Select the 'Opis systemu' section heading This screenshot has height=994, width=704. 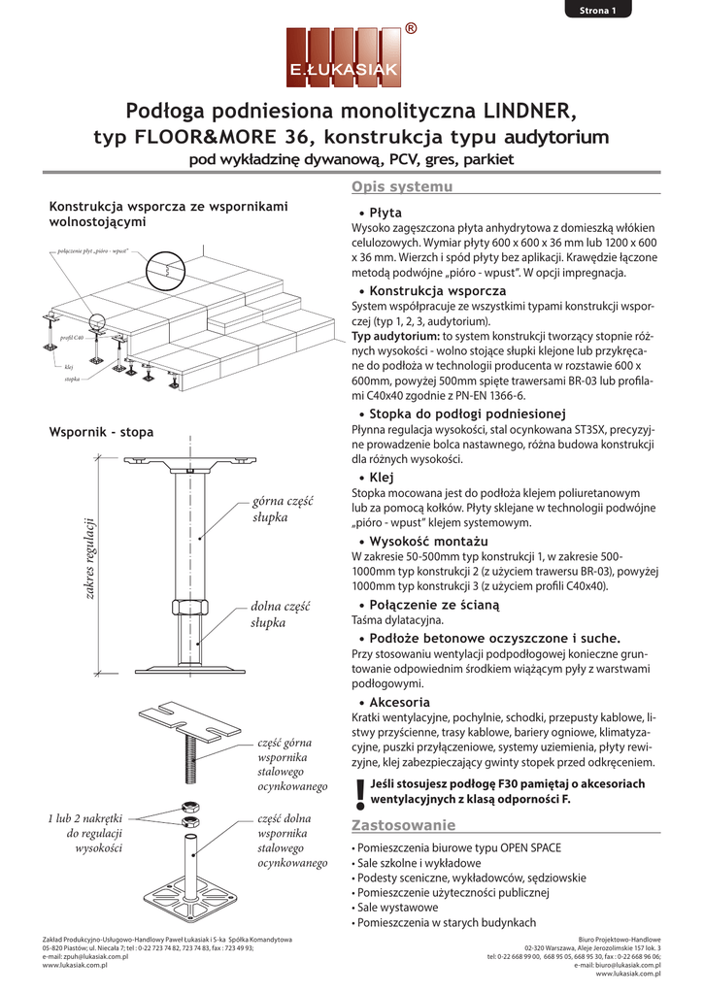coord(401,186)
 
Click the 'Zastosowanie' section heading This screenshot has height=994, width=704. coord(402,826)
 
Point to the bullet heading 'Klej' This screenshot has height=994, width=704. coord(382,478)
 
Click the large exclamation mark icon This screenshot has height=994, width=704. coord(361,795)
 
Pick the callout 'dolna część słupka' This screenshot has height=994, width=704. coord(279,614)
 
